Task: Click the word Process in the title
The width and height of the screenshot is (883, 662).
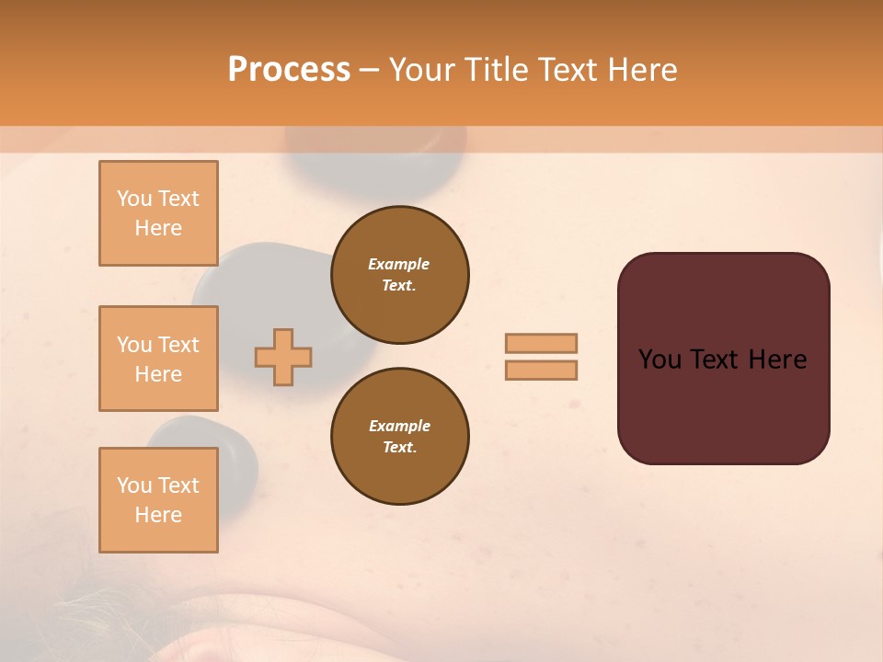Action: click(x=289, y=70)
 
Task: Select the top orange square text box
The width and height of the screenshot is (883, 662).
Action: click(x=158, y=213)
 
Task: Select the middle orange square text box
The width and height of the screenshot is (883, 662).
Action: click(x=158, y=359)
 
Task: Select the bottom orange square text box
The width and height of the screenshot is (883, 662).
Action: click(x=158, y=500)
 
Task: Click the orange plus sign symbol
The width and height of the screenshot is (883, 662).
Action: click(x=283, y=357)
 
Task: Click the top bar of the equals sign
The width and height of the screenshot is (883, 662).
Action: click(x=541, y=343)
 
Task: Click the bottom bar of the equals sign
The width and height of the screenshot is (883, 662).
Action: click(x=541, y=370)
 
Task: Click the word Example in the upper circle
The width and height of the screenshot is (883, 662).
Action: click(x=399, y=264)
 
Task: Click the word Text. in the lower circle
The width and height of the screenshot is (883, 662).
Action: click(x=399, y=447)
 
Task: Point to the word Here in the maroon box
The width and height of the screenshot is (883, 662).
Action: click(x=777, y=360)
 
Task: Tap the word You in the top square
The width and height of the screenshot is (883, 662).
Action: click(x=134, y=199)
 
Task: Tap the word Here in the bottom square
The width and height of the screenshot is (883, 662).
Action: click(x=158, y=515)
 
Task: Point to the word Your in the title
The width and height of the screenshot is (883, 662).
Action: click(x=421, y=70)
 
